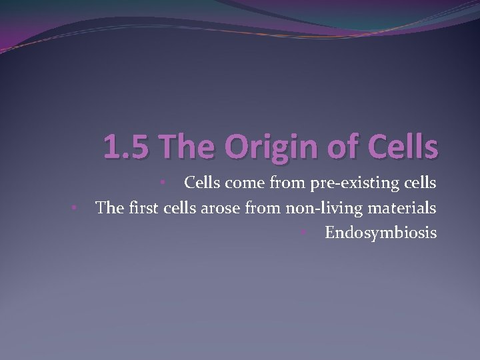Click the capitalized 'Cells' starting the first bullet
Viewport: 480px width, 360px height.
[x=203, y=183]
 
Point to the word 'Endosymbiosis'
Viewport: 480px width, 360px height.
[x=381, y=233]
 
